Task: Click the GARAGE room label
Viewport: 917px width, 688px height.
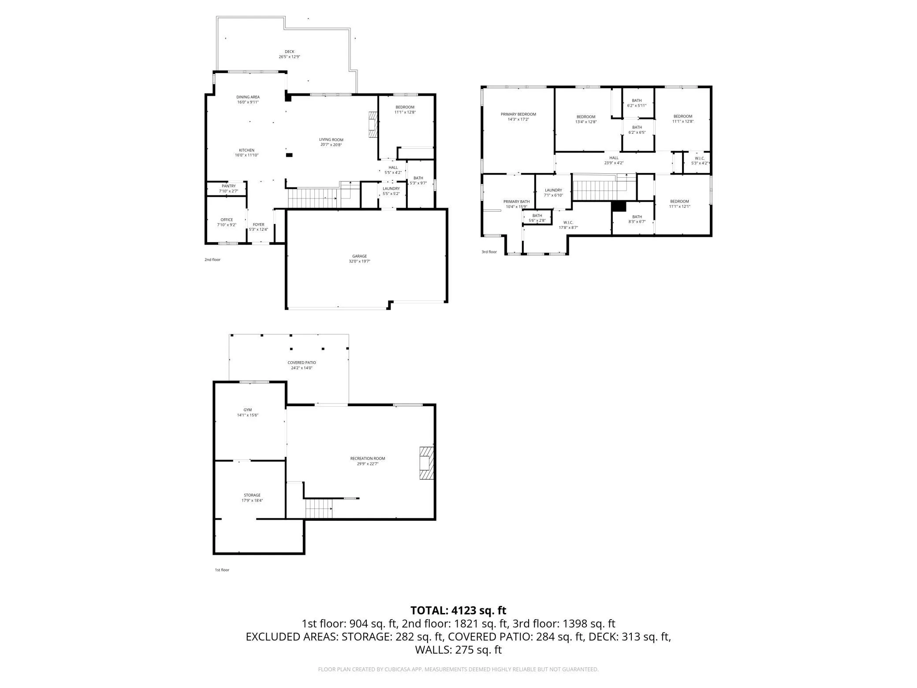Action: click(359, 256)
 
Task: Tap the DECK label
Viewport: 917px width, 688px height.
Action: click(289, 52)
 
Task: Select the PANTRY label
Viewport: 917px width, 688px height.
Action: click(228, 186)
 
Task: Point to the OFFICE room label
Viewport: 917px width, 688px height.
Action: click(227, 220)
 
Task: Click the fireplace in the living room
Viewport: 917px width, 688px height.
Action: click(373, 124)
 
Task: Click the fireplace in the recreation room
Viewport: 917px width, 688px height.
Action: click(426, 463)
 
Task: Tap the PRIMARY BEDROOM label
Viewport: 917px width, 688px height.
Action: click(518, 114)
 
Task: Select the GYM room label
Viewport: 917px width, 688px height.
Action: click(248, 410)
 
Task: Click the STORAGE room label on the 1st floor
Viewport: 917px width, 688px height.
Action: click(252, 495)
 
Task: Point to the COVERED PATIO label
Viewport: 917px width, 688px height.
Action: click(302, 363)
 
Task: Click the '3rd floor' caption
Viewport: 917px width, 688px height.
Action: click(489, 252)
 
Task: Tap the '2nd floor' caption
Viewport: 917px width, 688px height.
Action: click(212, 259)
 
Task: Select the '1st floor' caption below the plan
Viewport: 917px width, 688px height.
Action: click(222, 570)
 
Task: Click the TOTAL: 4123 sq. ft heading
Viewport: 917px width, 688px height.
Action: click(458, 610)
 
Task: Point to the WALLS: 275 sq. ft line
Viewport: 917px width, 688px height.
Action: click(458, 650)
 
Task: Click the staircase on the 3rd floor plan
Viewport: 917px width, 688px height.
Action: click(600, 187)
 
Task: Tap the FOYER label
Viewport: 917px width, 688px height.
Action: click(258, 224)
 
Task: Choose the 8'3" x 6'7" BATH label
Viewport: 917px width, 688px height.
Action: click(637, 219)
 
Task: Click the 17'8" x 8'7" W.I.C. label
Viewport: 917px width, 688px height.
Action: click(568, 225)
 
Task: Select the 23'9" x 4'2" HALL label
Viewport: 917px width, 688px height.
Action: click(614, 160)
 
